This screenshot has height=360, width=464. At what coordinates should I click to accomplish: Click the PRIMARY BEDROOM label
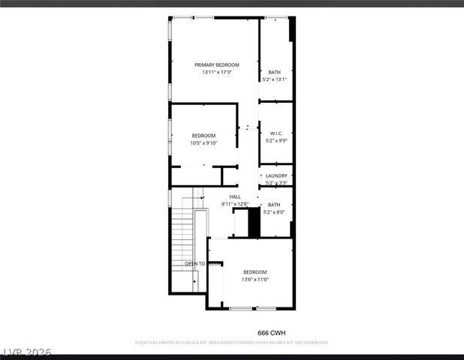[216, 65]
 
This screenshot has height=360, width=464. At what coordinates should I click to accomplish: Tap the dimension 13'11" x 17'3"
[216, 73]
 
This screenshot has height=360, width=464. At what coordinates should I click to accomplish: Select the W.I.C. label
[274, 133]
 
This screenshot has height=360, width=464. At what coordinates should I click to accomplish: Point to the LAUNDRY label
[276, 176]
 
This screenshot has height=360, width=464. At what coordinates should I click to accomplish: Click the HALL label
[235, 197]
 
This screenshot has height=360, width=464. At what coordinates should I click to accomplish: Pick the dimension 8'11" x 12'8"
[235, 204]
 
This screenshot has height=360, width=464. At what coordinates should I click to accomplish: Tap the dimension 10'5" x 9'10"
[203, 142]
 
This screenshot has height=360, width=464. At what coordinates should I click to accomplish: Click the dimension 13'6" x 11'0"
[255, 279]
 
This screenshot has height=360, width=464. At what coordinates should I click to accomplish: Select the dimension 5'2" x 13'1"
[274, 79]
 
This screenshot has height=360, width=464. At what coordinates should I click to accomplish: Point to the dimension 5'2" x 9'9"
[276, 140]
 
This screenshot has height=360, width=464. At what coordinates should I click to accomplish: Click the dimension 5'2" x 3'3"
[276, 183]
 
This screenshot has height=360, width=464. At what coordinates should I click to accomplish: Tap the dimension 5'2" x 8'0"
[274, 211]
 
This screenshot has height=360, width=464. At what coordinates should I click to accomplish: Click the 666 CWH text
[272, 332]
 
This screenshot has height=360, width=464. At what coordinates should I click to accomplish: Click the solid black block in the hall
[254, 222]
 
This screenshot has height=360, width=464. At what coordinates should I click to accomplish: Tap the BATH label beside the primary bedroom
[274, 72]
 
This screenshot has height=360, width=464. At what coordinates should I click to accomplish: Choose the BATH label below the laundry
[274, 205]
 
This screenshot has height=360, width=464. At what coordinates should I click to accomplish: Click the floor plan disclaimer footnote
[231, 342]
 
